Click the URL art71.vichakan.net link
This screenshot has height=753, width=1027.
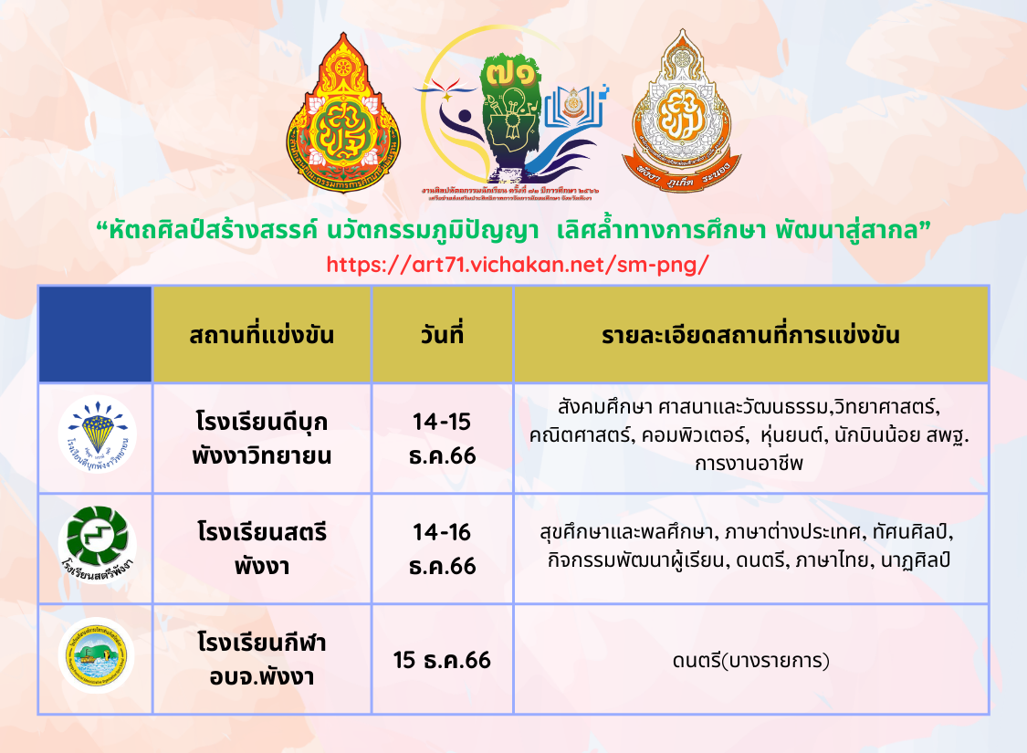517,265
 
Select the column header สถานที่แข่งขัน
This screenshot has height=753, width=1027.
262,334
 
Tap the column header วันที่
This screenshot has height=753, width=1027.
442,334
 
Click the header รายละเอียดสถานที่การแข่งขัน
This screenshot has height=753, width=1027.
750,334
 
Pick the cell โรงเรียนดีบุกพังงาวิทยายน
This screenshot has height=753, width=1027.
262,439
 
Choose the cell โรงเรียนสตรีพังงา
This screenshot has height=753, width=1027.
262,549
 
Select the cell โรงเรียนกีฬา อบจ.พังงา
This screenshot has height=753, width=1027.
262,659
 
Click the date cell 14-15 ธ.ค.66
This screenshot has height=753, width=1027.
442,439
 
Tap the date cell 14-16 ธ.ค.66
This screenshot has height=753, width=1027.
442,549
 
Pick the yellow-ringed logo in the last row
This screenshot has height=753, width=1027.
96,654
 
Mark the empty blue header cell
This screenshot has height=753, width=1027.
95,334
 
